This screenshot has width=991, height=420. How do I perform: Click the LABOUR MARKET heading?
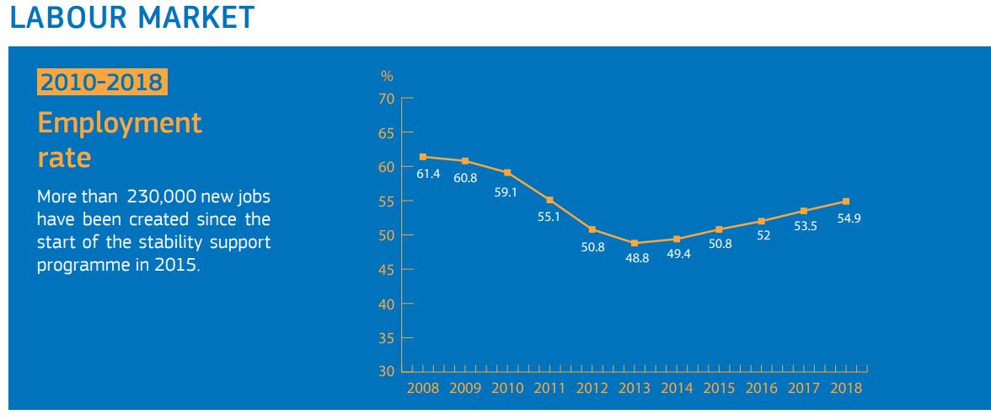(x=131, y=18)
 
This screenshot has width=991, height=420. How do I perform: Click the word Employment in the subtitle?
(x=120, y=123)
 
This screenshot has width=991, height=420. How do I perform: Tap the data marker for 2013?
(x=634, y=243)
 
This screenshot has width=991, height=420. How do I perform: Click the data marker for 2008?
(x=422, y=157)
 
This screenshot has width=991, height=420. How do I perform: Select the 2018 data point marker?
(x=845, y=202)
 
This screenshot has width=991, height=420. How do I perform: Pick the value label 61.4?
(x=428, y=174)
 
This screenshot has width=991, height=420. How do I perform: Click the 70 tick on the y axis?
(x=387, y=99)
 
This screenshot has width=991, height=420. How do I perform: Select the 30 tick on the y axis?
(x=387, y=371)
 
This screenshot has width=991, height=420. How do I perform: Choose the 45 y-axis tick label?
(x=387, y=269)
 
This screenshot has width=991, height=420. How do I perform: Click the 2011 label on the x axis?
(x=549, y=388)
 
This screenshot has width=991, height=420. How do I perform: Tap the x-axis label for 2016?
(x=761, y=388)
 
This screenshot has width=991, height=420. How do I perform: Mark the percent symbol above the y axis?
(x=387, y=77)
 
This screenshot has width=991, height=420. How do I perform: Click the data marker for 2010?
(x=507, y=173)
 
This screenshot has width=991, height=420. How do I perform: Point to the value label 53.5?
(x=805, y=226)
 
